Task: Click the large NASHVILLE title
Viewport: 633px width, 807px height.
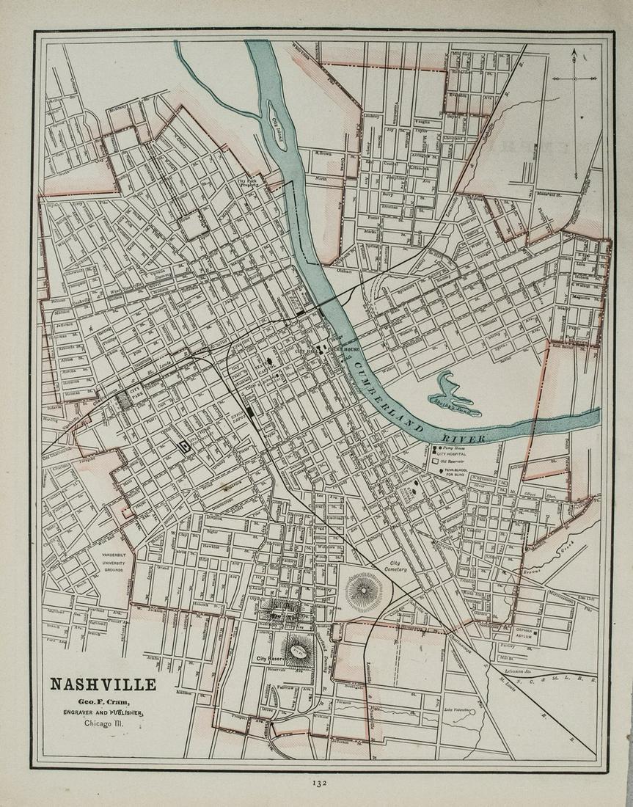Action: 103,684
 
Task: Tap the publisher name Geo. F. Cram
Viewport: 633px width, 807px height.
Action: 103,701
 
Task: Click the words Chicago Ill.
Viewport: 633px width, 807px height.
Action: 103,723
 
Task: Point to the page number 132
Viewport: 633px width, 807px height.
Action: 318,783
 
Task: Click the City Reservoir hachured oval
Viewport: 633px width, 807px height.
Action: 299,650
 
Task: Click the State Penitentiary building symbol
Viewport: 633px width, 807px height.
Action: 185,445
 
